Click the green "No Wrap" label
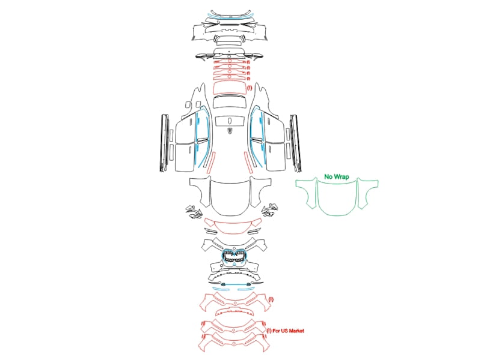coord(337,176)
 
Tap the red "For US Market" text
coord(289,331)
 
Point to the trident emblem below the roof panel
coord(230,130)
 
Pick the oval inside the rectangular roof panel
coord(230,121)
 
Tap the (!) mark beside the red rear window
coord(250,88)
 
